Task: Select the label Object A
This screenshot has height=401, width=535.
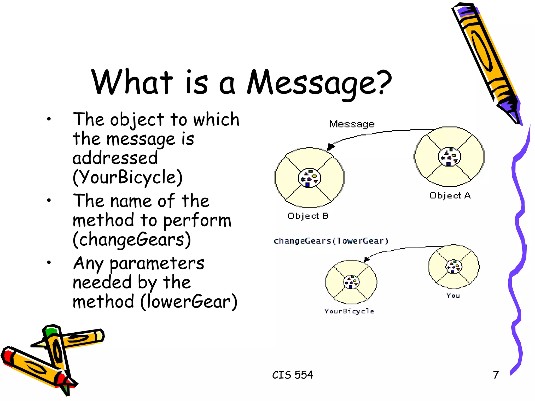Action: [450, 195]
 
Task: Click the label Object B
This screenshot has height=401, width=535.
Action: [308, 216]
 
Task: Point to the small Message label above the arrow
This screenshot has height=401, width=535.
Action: [352, 124]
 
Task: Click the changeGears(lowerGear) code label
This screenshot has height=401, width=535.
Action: [331, 240]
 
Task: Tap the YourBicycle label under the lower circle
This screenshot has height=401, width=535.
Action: [349, 311]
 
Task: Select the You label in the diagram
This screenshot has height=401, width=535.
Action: [453, 296]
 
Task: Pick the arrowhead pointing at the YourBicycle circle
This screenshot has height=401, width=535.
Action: [366, 259]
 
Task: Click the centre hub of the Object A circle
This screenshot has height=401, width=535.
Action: [449, 157]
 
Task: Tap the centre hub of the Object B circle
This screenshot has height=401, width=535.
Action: [309, 178]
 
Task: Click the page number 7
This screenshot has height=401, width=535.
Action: [496, 375]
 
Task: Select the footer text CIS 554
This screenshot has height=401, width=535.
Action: [293, 375]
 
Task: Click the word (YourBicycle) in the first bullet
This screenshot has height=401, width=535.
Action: [127, 177]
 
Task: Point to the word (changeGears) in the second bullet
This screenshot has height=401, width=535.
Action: [132, 239]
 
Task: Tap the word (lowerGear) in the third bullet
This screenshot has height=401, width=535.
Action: [189, 302]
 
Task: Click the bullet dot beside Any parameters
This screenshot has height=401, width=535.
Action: [49, 262]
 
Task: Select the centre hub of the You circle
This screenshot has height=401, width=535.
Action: [453, 267]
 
